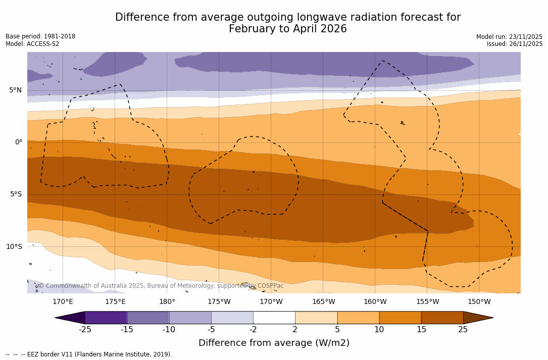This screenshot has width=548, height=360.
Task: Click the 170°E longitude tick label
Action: coord(63,302)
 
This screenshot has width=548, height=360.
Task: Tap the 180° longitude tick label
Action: coord(167,302)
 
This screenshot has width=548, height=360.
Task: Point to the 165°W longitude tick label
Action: coord(323,302)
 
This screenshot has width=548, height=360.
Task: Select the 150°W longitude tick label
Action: coord(479,302)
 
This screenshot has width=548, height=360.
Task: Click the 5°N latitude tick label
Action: coord(15,90)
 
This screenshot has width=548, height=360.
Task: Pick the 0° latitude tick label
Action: coord(18,142)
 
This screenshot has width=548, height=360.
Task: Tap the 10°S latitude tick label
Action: coord(14,247)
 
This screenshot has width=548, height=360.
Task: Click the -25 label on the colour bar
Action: coord(85,330)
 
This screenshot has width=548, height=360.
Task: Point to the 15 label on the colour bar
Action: coord(421,330)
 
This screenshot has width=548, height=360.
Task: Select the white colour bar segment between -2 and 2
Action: coord(274,318)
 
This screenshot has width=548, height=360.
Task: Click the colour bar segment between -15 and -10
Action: coord(148,318)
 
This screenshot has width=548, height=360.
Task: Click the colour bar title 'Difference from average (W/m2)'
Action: coord(274,343)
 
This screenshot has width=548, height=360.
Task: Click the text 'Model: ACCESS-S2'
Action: coord(32,44)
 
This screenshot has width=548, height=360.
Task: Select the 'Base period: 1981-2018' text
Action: coord(40,36)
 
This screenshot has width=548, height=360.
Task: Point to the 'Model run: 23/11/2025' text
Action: coord(509,37)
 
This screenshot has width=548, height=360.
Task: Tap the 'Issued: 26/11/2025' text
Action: coord(515,44)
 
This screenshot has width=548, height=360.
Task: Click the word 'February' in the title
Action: coord(252,29)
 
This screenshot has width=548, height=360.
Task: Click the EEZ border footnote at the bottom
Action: coord(88,354)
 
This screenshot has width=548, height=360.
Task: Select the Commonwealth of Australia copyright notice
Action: coord(161,286)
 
